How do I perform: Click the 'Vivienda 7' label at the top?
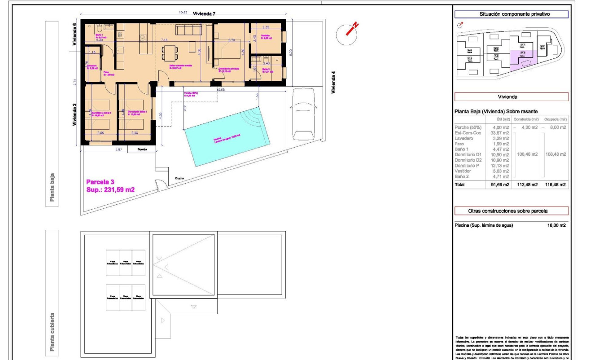pyautogui.click(x=204, y=14)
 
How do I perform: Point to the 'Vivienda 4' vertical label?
pyautogui.click(x=333, y=82)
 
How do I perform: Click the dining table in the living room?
pyautogui.click(x=170, y=53)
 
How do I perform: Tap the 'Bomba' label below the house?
pyautogui.click(x=142, y=150)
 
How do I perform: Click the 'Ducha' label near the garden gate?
pyautogui.click(x=179, y=178)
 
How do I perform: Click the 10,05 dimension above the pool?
pyautogui.click(x=221, y=89)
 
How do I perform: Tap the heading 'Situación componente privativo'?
pyautogui.click(x=511, y=14)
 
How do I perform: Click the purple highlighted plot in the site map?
pyautogui.click(x=523, y=58)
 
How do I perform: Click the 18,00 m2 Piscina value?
pyautogui.click(x=556, y=225)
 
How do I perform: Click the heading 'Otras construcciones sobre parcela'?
pyautogui.click(x=511, y=211)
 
